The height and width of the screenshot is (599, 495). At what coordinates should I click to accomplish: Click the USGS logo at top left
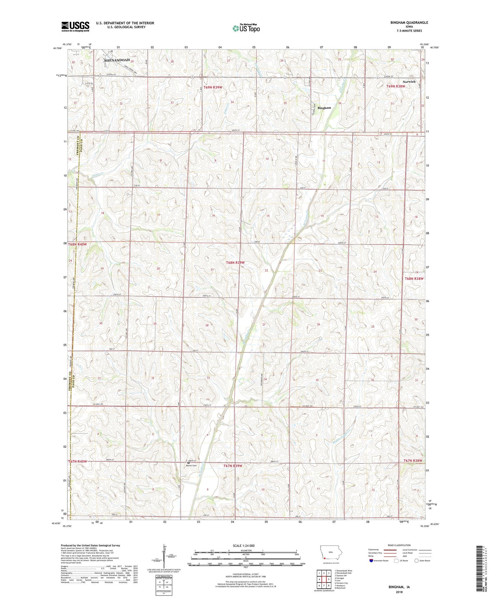click(75, 26)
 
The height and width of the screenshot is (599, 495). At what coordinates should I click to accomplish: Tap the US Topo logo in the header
click(246, 28)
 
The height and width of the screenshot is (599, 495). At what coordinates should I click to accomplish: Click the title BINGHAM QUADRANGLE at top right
click(409, 23)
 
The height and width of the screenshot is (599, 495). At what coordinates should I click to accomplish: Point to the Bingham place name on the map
click(324, 108)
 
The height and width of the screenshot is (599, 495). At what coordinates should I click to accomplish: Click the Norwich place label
click(409, 82)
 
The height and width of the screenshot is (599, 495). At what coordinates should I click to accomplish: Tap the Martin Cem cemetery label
click(191, 466)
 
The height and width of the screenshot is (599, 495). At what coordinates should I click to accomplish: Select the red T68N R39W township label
click(235, 262)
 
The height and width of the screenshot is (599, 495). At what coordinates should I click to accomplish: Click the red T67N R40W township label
click(77, 461)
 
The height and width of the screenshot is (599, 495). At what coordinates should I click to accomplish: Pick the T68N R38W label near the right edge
click(414, 279)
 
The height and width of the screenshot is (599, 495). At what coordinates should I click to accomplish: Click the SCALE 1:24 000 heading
click(244, 545)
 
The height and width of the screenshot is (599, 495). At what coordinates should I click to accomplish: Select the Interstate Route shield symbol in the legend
click(371, 561)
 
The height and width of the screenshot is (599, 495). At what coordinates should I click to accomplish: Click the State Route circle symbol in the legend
click(417, 561)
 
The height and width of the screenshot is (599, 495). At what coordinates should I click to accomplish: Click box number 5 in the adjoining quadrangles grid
click(328, 579)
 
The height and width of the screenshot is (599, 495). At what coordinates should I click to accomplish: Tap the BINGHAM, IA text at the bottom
click(399, 587)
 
